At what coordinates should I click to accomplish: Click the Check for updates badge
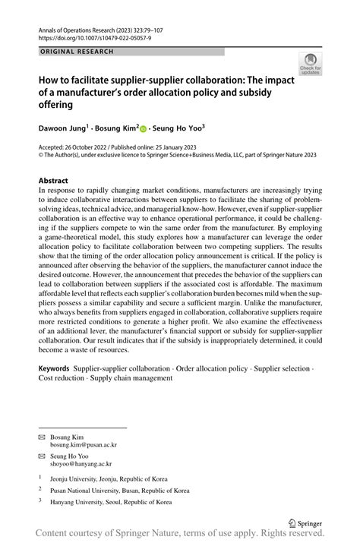(310, 64)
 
